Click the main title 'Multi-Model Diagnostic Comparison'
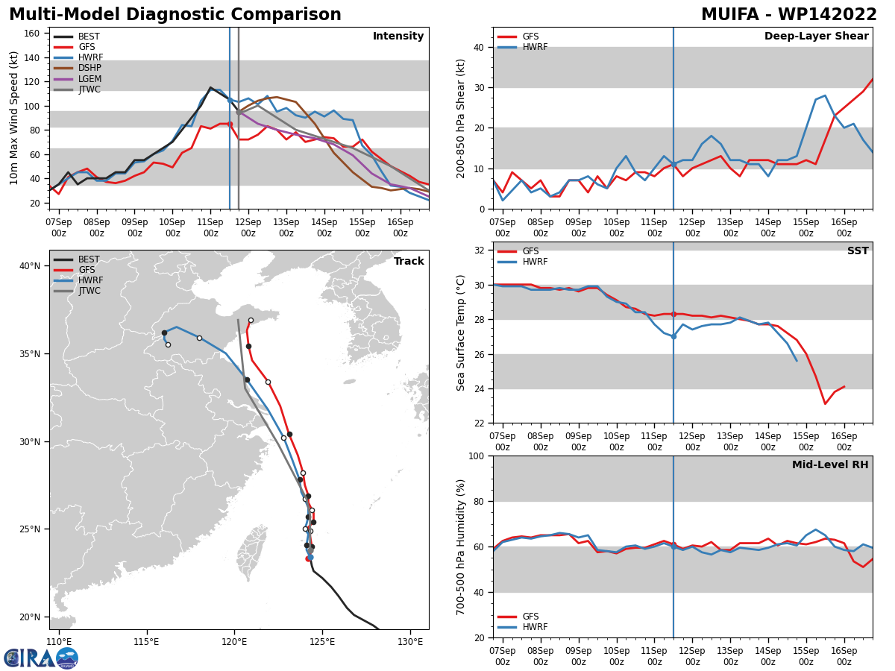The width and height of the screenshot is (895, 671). (175, 14)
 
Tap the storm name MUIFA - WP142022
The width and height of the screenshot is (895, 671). (788, 14)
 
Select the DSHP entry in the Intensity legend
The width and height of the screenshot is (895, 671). (77, 68)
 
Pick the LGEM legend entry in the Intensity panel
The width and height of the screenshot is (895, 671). (77, 78)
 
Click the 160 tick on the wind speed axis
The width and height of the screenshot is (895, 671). (32, 34)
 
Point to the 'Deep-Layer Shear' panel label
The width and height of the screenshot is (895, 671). (816, 36)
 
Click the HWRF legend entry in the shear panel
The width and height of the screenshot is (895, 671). (522, 47)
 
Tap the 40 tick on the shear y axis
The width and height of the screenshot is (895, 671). (479, 47)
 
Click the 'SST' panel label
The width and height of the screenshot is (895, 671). (858, 251)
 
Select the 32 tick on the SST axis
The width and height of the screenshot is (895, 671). (479, 251)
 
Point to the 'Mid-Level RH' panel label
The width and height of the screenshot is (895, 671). (830, 464)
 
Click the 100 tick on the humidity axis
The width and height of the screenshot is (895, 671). (476, 456)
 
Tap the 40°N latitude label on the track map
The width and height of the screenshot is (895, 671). (30, 266)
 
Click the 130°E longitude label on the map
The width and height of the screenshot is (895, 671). (410, 642)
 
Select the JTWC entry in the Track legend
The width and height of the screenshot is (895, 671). (77, 291)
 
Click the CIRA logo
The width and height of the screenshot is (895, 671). (41, 657)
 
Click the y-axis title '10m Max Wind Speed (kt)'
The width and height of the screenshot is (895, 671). (13, 118)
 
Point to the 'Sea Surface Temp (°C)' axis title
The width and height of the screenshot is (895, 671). (460, 333)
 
